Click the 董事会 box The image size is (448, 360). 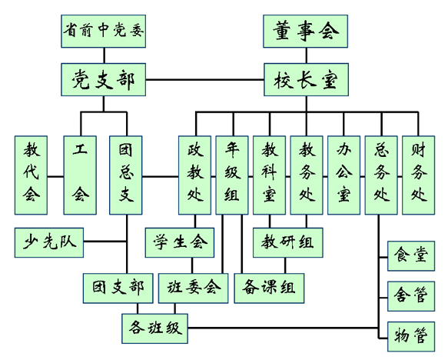[305, 32]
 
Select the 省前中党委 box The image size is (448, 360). [104, 32]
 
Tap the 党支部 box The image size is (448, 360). [104, 79]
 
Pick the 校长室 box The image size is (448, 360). [306, 79]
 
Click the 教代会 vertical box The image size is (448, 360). [31, 175]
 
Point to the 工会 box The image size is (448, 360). [80, 175]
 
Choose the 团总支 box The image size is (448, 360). [126, 175]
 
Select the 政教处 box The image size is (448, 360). [195, 175]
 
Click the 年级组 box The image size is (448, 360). [232, 175]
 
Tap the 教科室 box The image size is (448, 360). [269, 175]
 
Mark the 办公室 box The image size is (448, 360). [343, 175]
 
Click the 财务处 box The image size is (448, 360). [419, 175]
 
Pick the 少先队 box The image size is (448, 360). [49, 242]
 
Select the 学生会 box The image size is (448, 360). [180, 242]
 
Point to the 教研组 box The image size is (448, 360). [288, 242]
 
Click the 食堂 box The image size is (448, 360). [411, 256]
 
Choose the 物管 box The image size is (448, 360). [411, 337]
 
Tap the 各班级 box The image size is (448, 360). [155, 328]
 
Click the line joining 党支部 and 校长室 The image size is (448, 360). [205, 79]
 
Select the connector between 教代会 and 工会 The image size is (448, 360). [56, 176]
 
